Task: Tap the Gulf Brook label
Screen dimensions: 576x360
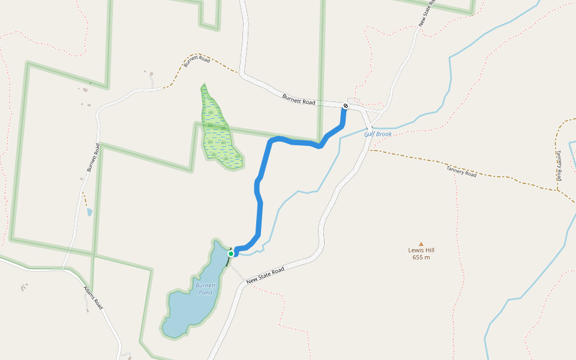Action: coord(377,134)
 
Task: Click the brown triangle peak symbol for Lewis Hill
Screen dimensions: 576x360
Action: coord(421,243)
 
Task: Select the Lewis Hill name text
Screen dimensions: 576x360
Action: coord(421,250)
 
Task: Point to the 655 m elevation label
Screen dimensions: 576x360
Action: coord(421,257)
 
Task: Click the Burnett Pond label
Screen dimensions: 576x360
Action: coord(205,289)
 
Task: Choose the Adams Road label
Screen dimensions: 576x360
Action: coord(93,298)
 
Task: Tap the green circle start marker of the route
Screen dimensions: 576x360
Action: coord(231,254)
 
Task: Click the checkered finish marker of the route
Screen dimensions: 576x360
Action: coord(346,106)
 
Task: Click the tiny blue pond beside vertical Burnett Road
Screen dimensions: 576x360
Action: coord(89,212)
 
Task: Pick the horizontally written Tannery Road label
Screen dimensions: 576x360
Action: coord(461,172)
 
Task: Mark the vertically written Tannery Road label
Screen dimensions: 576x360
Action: coord(558,166)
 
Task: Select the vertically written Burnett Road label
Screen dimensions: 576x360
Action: coord(93,157)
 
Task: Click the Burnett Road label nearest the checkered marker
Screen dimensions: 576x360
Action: coord(299,99)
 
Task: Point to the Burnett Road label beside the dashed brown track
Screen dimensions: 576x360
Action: coord(197,61)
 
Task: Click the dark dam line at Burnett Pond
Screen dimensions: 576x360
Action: coord(229,260)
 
